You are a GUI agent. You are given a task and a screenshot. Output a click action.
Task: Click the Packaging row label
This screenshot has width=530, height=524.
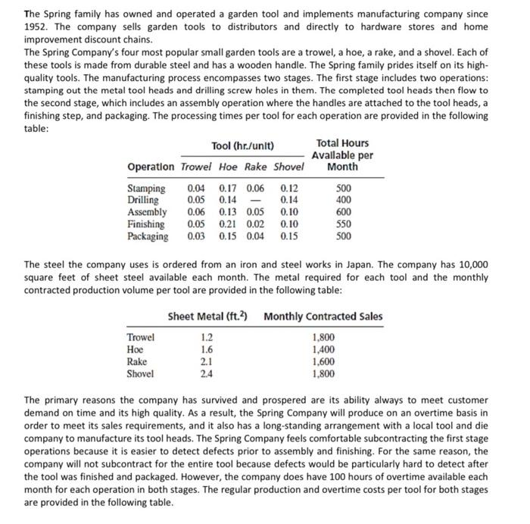click(x=148, y=237)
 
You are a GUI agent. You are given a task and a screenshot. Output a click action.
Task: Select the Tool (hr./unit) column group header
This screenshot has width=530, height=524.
click(x=244, y=145)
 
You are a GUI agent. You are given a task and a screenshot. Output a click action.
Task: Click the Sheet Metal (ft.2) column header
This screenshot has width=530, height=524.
click(x=209, y=317)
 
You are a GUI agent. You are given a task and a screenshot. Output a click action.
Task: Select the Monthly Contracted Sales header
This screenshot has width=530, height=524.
click(x=323, y=317)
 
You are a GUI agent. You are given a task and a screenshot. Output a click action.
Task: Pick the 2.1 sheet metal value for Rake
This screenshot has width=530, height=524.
click(x=206, y=361)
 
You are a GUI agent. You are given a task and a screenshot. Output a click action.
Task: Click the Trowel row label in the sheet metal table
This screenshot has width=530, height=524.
click(x=142, y=337)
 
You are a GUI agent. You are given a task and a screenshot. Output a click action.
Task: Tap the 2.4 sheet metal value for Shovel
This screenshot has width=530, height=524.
click(x=206, y=373)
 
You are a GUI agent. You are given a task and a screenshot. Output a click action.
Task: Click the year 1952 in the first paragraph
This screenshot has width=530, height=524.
click(x=37, y=27)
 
